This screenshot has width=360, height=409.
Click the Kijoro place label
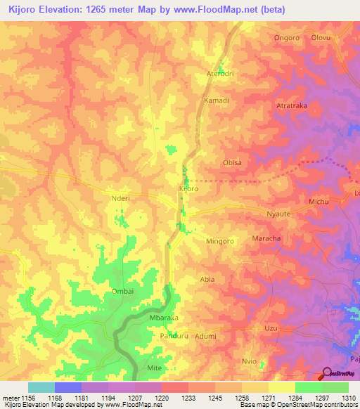189,189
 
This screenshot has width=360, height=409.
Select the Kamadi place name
216,100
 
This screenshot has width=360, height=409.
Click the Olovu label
321,37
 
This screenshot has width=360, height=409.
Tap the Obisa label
232,162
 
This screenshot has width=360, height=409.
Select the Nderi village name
122,199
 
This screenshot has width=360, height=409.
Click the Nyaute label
278,212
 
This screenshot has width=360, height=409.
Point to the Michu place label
320,202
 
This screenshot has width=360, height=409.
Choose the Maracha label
266,238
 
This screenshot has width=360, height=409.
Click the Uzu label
271,328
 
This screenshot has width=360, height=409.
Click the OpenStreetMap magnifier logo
326,375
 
